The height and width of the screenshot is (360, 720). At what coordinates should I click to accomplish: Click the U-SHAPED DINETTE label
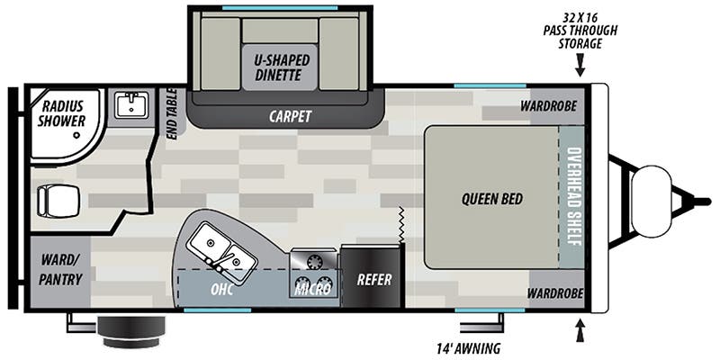pos(282,67)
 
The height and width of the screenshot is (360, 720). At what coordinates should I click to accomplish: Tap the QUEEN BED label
pos(491,199)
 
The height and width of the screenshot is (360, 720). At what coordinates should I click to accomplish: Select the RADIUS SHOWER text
pos(62,113)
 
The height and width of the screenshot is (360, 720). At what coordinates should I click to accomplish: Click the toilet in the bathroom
pos(58,200)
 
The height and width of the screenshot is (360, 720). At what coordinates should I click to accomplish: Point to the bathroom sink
pos(131,105)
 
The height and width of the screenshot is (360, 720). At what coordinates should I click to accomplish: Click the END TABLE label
pos(171,113)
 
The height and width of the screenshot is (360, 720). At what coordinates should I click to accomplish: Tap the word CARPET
pos(290,117)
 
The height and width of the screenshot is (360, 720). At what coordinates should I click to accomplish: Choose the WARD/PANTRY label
pos(60,269)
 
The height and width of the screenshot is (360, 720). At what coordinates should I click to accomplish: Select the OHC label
pos(221,290)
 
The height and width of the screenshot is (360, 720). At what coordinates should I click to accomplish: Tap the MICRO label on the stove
pos(313,289)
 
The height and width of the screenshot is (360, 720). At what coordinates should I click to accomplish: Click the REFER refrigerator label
pos(374,279)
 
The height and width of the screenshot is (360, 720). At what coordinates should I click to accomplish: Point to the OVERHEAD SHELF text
pos(572,196)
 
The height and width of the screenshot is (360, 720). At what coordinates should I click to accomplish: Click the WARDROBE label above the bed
pos(548,106)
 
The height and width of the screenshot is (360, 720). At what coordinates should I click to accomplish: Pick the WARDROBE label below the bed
pos(554,292)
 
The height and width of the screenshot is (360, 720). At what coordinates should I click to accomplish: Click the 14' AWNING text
pos(467,348)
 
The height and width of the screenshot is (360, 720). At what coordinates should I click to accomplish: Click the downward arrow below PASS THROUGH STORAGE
pos(580,65)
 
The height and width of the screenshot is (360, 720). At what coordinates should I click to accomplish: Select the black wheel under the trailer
pos(131,331)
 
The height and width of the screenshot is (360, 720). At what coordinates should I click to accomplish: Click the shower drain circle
pos(76,136)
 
